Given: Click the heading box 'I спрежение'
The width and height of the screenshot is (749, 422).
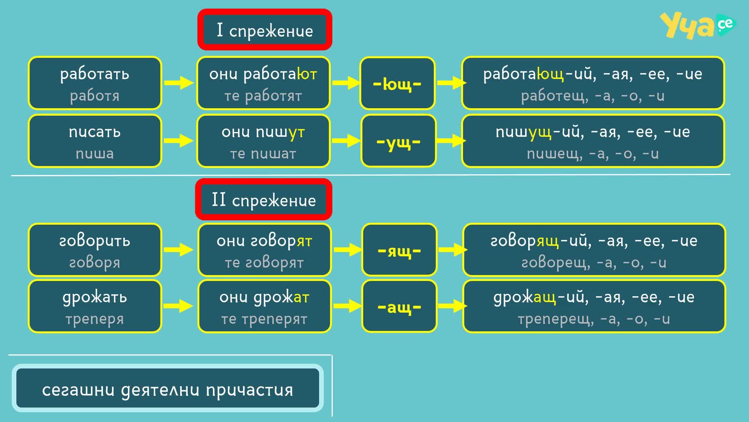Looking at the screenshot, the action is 264,30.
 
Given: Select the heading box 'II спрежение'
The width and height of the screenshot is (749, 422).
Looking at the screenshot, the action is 264,199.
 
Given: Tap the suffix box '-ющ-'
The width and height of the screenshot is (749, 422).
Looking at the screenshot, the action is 397,83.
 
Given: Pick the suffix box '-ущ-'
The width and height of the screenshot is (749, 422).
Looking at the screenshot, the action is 398,141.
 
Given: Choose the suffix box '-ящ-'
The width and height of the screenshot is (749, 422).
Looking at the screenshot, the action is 399,250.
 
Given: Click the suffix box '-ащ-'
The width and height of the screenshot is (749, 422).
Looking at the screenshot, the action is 399,306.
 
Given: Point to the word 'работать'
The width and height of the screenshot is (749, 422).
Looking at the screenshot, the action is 95,74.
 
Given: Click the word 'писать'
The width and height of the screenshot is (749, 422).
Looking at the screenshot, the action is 95,132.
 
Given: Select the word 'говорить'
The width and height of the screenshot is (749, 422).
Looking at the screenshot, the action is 95,241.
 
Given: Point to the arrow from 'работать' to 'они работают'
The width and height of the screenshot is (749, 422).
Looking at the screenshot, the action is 179,83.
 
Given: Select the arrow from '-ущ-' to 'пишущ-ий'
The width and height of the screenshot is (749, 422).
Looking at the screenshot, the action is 451,140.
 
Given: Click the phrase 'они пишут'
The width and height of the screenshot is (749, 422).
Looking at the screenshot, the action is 263,132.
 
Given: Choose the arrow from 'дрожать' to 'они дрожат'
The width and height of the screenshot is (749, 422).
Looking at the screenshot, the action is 179,306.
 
